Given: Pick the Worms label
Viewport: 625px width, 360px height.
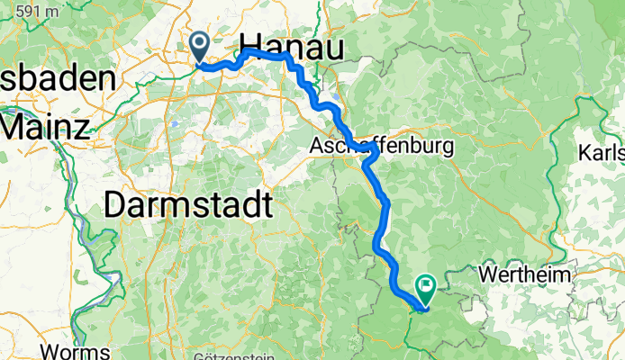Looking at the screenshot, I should pyautogui.click(x=80, y=351).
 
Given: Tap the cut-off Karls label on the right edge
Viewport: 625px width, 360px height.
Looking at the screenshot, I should pyautogui.click(x=602, y=150).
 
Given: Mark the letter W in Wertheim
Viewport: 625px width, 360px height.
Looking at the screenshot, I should pyautogui.click(x=488, y=271).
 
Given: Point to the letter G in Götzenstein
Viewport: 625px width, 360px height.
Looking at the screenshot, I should pyautogui.click(x=197, y=355).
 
